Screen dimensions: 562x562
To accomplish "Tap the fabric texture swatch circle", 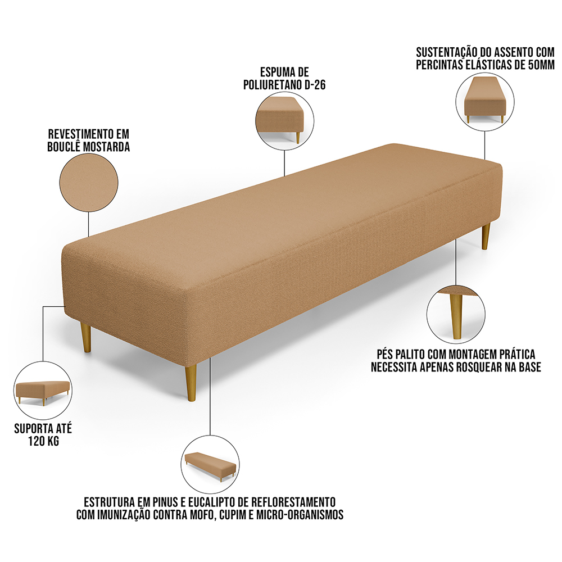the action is [x=89, y=183].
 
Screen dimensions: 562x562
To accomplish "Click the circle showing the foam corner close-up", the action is [x=284, y=119].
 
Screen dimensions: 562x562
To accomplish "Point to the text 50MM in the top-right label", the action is [x=541, y=65].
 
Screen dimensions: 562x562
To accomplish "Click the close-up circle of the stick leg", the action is [x=456, y=313].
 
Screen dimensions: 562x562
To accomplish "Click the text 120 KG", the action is [x=43, y=441].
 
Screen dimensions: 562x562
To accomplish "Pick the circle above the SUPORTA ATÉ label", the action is [x=43, y=391].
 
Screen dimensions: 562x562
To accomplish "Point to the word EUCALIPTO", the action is [x=211, y=501].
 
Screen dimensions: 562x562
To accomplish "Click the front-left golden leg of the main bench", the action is [x=86, y=337].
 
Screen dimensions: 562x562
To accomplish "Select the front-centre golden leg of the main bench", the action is [x=191, y=382].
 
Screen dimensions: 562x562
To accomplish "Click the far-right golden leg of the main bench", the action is [x=486, y=236].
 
